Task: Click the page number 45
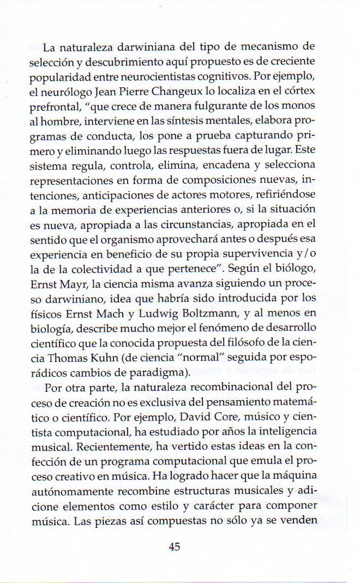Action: point(175,546)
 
